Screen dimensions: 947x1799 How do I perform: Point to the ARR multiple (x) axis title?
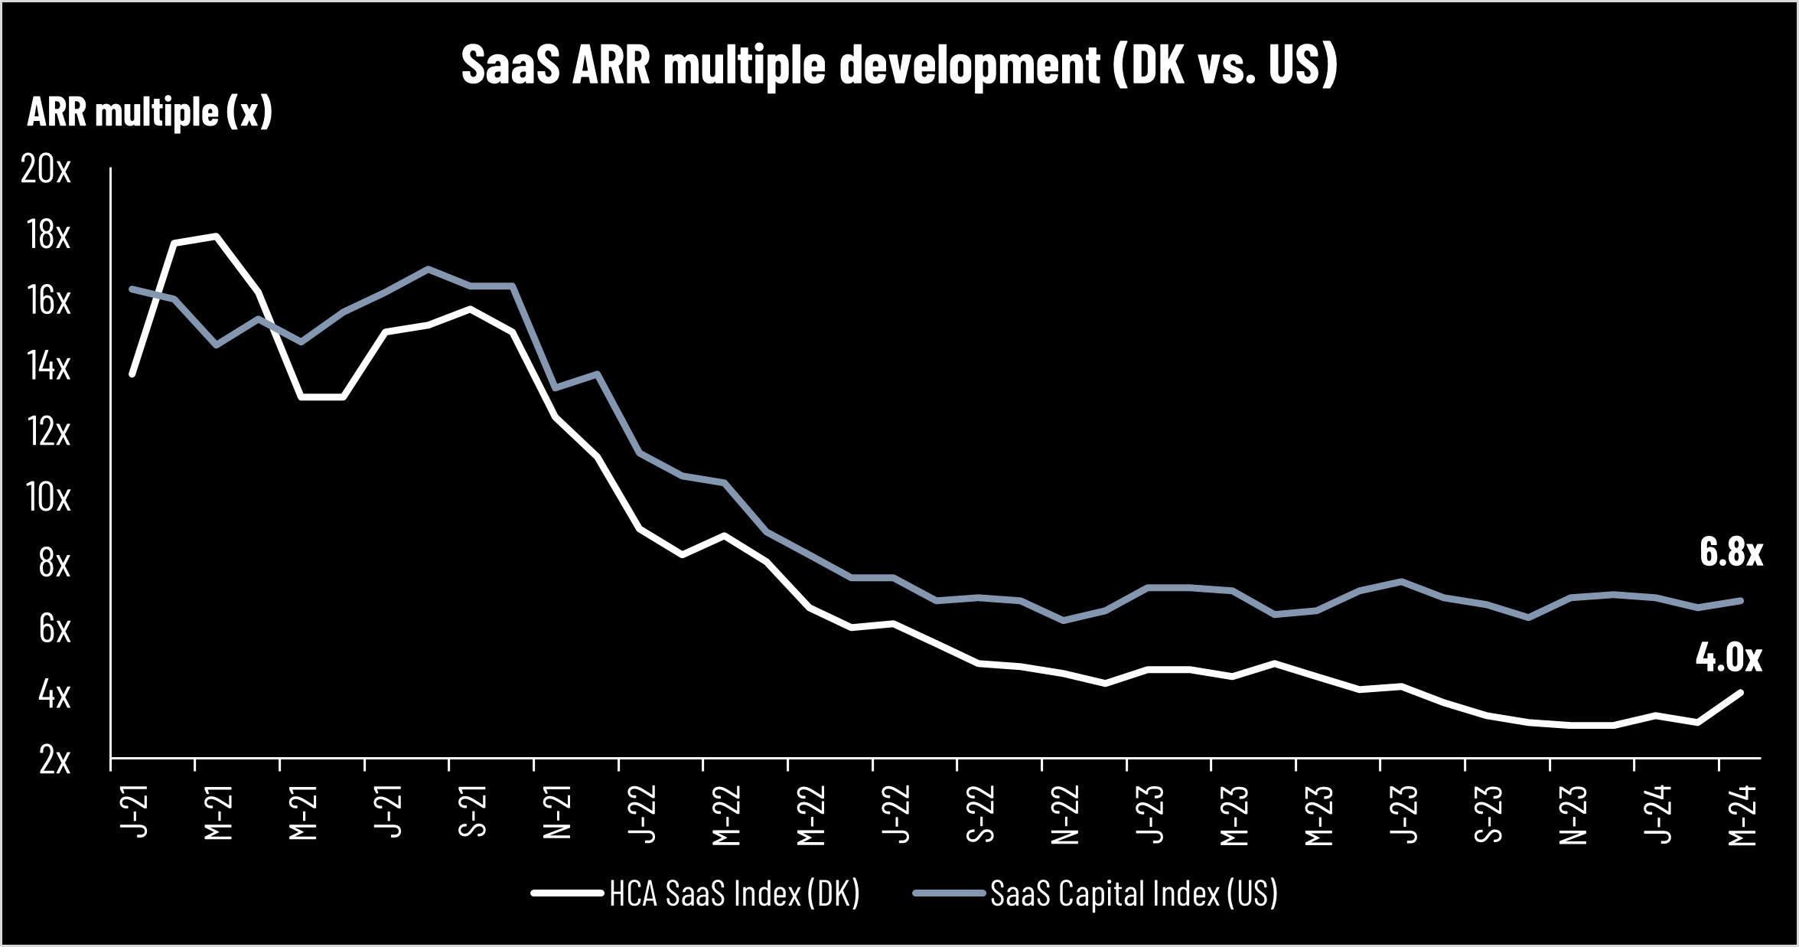150,113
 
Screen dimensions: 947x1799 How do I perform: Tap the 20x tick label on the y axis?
46,169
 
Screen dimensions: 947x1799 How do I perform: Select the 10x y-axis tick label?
48,498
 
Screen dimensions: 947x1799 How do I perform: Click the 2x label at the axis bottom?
54,760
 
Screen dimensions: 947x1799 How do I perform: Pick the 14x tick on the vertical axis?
48,367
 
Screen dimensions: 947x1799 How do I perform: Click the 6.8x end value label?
1730,552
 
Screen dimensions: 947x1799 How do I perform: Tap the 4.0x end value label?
1728,658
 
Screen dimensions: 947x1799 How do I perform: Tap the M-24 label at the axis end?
1742,816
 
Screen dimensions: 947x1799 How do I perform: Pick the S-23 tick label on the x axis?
1488,813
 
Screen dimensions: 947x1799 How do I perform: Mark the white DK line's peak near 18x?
217,236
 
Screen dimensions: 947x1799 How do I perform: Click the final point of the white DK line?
1741,693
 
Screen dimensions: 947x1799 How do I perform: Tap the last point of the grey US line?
1741,601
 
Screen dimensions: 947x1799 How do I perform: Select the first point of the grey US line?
132,289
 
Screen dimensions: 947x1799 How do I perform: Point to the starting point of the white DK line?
132,374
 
